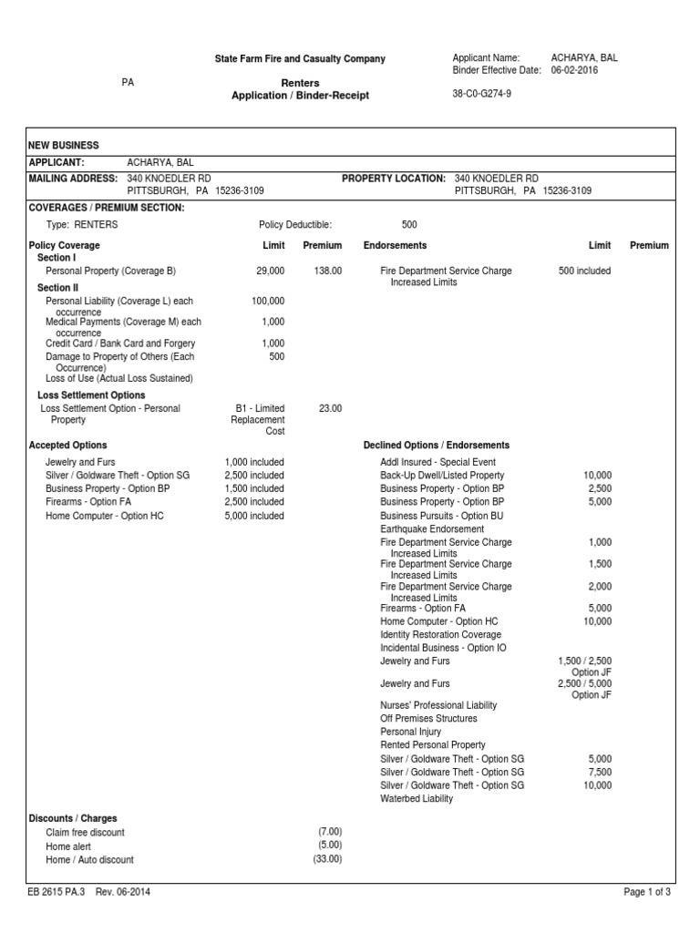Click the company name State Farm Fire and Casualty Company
pos(299,59)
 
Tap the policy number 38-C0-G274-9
pos(481,94)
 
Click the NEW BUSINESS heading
pos(64,146)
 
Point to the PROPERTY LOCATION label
pos(394,179)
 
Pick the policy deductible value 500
pos(409,224)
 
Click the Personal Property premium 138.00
pos(327,272)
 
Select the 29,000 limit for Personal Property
pos(271,272)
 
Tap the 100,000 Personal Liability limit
pos(268,301)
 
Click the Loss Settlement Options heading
pos(91,395)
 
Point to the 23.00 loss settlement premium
pos(330,409)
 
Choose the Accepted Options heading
pos(68,446)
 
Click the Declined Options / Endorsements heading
pos(437,446)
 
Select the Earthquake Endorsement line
pos(432,528)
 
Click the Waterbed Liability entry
pos(416,799)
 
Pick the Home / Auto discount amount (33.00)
pos(327,860)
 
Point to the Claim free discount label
pos(85,833)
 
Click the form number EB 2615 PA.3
pos(56,893)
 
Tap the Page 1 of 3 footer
pos(647,893)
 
